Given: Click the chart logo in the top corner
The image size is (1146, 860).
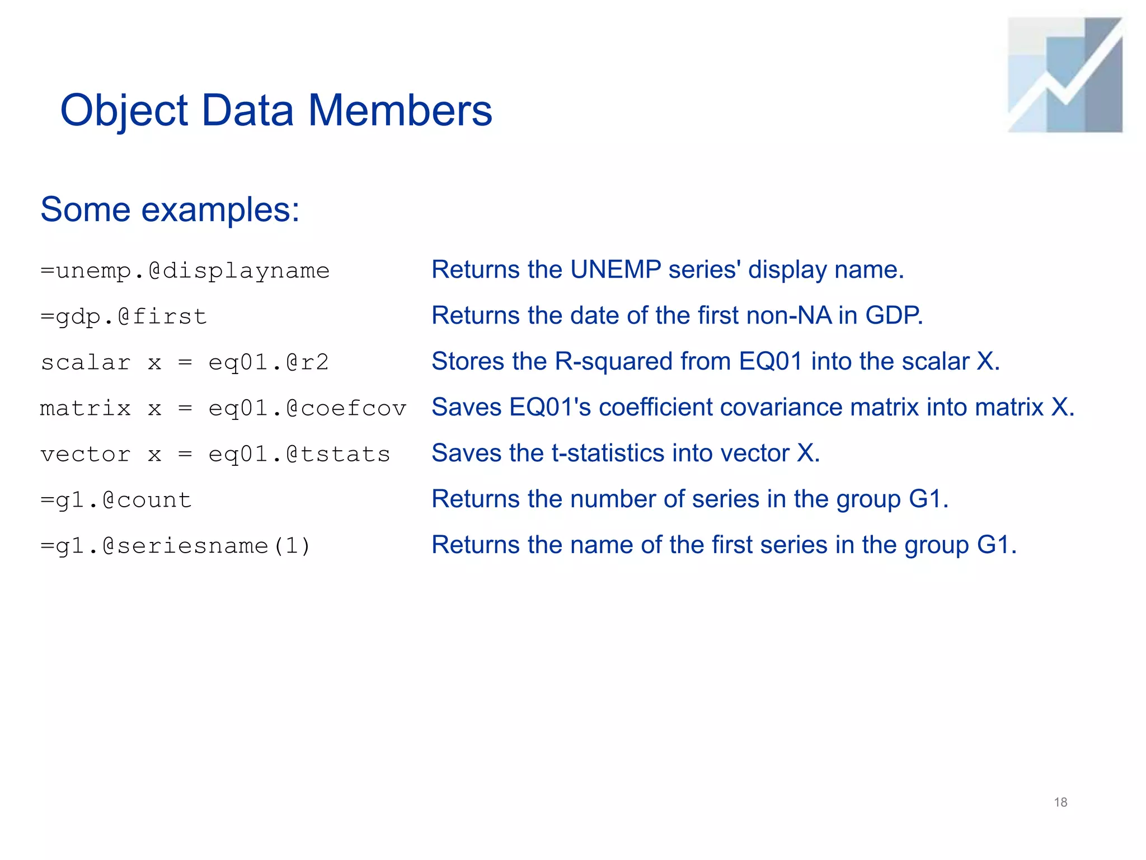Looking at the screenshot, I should (1065, 75).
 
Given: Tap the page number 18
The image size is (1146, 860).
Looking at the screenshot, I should (1060, 802).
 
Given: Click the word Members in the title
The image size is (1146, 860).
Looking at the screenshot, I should (400, 110).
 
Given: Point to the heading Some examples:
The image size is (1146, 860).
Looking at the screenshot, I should (170, 210).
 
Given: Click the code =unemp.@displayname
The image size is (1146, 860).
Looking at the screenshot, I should (185, 271).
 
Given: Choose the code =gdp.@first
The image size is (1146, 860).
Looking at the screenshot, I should (124, 317).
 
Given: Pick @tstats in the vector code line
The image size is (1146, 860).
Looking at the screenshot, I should (338, 454).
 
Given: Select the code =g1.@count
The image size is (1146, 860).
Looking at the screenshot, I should (116, 500).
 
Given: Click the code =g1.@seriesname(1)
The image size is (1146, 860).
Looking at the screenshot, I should (175, 546).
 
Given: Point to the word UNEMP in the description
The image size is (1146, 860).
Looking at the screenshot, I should (616, 270).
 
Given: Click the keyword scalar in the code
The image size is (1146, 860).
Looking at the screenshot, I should (86, 362).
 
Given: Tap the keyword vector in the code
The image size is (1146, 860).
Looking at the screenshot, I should (86, 454).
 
